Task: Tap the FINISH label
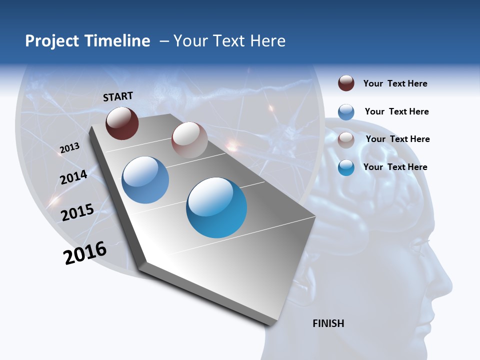(x=328, y=323)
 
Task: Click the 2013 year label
(x=69, y=147)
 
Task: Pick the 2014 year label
(x=73, y=177)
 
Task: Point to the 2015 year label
(x=77, y=212)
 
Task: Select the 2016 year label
(x=85, y=252)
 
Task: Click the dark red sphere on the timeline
(x=122, y=123)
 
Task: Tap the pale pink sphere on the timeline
(x=189, y=140)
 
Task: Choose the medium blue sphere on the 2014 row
(x=145, y=180)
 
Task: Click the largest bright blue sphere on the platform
(x=216, y=207)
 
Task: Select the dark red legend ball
(x=346, y=83)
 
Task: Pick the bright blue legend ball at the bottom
(x=346, y=167)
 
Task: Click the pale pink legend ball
(x=346, y=139)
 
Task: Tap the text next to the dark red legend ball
(x=395, y=83)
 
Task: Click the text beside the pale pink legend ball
(x=397, y=139)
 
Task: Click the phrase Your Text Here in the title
(x=229, y=41)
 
